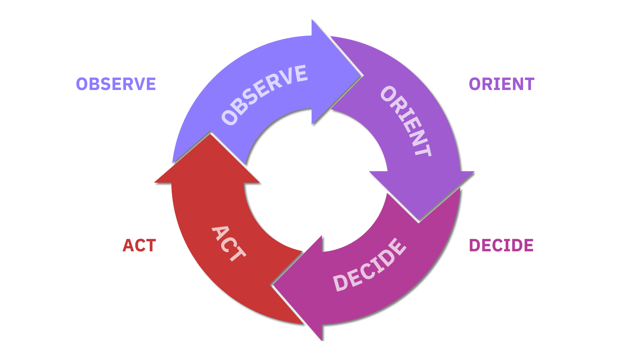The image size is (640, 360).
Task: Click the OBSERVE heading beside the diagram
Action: coord(116,84)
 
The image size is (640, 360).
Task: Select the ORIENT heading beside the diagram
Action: coord(501,84)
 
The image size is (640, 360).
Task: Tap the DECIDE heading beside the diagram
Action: coord(501,245)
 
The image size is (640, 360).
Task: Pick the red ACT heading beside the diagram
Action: coord(139,246)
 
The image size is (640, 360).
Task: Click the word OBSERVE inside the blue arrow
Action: coord(264,95)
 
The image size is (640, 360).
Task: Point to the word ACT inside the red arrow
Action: coord(229,243)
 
